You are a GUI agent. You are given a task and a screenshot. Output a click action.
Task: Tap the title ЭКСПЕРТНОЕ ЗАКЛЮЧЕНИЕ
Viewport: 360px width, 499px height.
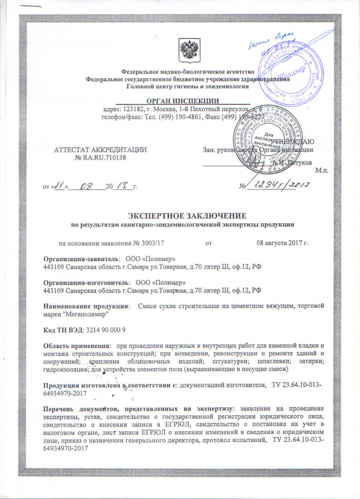coord(183,216)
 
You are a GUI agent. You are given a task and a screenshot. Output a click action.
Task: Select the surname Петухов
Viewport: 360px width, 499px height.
coord(298,162)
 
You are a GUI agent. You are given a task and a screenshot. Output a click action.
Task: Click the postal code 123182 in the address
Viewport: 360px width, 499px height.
coord(133,109)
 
